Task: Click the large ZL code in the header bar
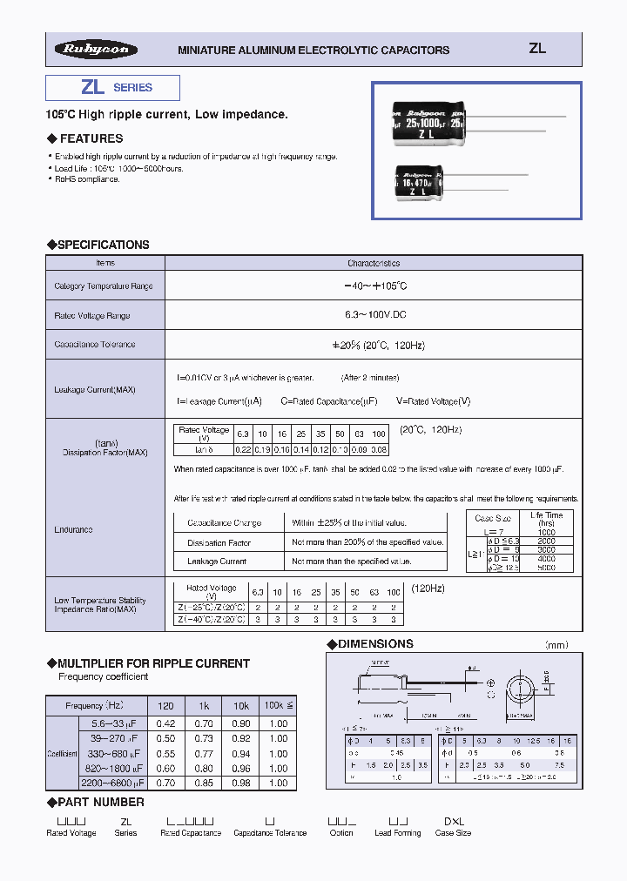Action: point(537,49)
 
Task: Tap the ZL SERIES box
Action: point(112,88)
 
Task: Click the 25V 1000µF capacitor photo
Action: point(428,122)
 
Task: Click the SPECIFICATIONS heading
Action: point(98,245)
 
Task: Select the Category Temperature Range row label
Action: point(104,286)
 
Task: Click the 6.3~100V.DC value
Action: point(374,315)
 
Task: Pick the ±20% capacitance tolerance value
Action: point(374,345)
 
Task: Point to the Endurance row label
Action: point(74,529)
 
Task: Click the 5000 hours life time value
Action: point(546,567)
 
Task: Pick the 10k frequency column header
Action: point(240,705)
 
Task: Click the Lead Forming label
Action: point(398,833)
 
